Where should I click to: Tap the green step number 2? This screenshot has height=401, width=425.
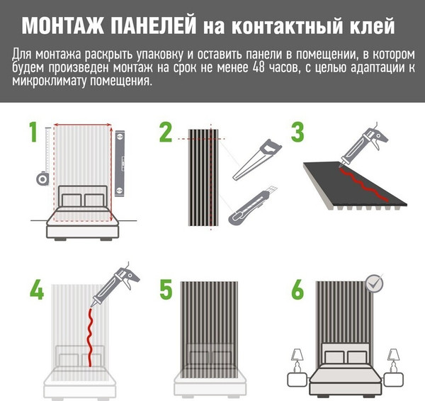(165, 132)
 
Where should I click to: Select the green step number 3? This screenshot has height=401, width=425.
(297, 132)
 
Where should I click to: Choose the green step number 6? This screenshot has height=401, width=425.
(297, 291)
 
